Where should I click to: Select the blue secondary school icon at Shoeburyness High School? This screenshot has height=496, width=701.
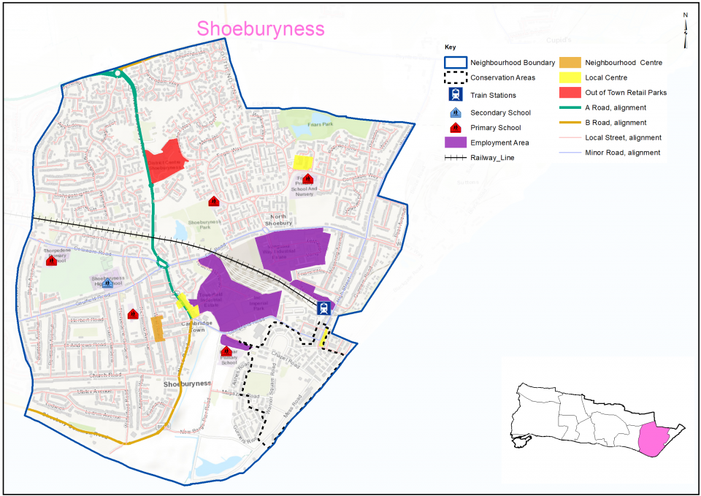pos(107,283)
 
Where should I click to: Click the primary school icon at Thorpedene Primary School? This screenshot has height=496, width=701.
pos(51,260)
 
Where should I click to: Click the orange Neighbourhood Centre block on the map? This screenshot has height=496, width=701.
pos(158,329)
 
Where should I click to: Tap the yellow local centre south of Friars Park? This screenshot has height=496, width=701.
pos(302,162)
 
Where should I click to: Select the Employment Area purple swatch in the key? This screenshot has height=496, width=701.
pos(456,142)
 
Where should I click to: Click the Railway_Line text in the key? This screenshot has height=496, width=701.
pos(493,158)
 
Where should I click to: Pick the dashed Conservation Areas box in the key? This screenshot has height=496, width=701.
pos(456,77)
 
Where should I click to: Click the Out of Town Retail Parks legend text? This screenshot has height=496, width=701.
pos(626,93)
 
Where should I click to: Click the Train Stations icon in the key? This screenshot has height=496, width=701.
pos(456,95)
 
